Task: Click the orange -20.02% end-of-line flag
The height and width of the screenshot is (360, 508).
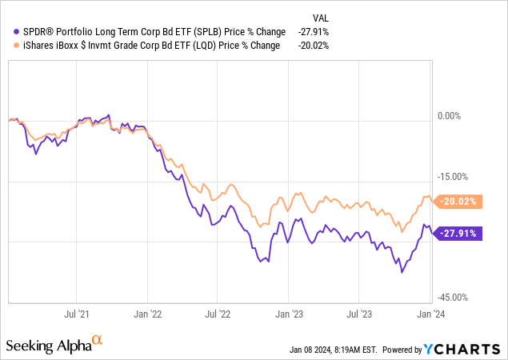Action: (458, 202)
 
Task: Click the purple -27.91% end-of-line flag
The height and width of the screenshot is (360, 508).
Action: (458, 234)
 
